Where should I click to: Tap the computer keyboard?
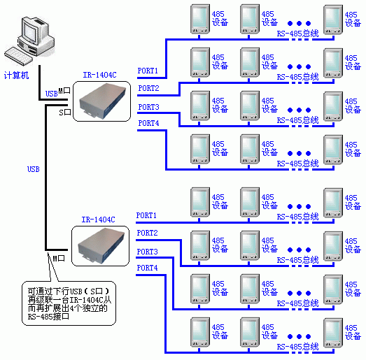click(x=17, y=56)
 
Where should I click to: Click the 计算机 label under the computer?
click(x=16, y=75)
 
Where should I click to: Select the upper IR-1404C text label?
click(x=99, y=75)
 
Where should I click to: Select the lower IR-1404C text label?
click(x=98, y=219)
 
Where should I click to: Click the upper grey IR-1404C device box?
click(x=103, y=101)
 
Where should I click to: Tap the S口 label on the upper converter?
click(x=65, y=113)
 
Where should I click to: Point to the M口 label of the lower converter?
click(x=59, y=258)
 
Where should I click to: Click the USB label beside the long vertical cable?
click(x=34, y=169)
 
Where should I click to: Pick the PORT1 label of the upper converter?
click(x=148, y=71)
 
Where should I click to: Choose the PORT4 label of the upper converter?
click(x=148, y=123)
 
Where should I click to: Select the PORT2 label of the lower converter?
click(x=147, y=233)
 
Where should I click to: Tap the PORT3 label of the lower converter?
click(x=147, y=252)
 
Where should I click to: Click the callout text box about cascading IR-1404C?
click(x=69, y=303)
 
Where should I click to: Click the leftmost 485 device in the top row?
click(x=200, y=19)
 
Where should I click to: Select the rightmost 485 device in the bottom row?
click(x=333, y=333)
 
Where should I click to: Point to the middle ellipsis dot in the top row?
click(x=300, y=23)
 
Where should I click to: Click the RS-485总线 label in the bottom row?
click(x=298, y=347)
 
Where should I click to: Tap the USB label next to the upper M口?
click(x=51, y=94)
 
